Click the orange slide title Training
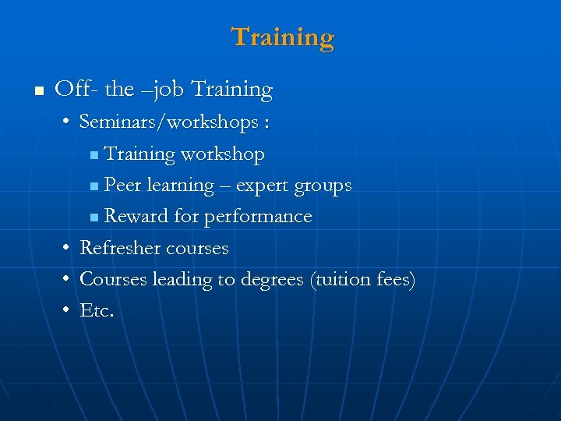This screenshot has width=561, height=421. point(283,37)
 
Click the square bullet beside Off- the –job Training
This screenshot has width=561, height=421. point(37,91)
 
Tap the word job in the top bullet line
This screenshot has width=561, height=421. point(171,90)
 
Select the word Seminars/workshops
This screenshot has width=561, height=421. point(168,122)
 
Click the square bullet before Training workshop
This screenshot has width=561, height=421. point(94,155)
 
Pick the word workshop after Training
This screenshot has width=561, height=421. point(223,154)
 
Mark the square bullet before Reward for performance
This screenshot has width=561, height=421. point(94,218)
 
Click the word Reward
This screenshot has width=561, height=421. point(136,217)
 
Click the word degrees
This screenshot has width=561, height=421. point(270,280)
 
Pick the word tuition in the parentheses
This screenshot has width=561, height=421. point(340,279)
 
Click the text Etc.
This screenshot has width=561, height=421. point(97,311)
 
